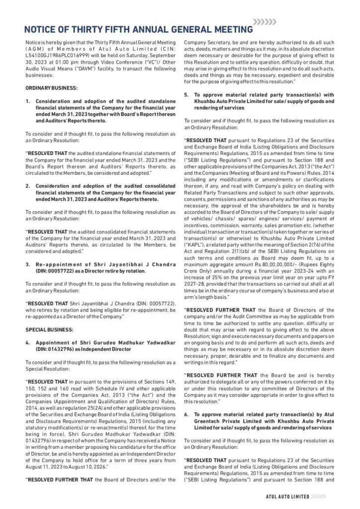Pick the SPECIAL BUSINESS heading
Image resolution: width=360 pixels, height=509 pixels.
pos(49,330)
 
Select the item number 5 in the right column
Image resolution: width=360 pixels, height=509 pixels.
pos(186,94)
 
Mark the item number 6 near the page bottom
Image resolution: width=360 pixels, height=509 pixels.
pos(186,414)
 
